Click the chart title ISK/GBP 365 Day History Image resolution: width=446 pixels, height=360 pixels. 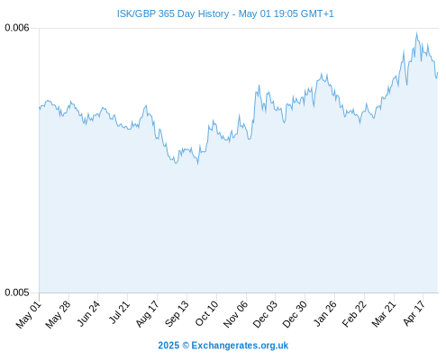click(x=173, y=13)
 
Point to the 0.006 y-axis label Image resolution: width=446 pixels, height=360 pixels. click(x=17, y=28)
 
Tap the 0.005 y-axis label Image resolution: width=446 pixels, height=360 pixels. click(x=17, y=292)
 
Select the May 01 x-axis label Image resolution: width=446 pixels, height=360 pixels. click(x=29, y=315)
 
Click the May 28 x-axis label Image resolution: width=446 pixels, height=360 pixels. click(x=58, y=315)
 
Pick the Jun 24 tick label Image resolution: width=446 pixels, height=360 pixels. click(x=88, y=314)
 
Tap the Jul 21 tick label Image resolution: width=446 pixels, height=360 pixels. click(x=119, y=313)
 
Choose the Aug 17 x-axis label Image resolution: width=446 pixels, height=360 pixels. click(x=147, y=314)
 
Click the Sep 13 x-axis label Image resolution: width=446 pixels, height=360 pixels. click(x=177, y=314)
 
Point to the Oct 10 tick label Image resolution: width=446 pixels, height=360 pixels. click(x=206, y=314)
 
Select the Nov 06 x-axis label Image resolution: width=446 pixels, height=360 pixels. click(x=235, y=314)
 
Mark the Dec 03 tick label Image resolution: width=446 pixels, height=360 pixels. click(x=265, y=314)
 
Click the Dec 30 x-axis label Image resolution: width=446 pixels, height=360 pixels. click(x=295, y=314)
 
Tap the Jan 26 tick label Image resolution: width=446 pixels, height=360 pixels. click(x=324, y=314)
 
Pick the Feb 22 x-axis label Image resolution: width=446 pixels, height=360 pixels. click(x=354, y=314)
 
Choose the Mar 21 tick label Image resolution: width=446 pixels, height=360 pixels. click(x=384, y=314)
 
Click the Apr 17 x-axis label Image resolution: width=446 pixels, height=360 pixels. click(x=414, y=313)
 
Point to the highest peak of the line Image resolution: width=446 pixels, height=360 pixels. click(x=416, y=32)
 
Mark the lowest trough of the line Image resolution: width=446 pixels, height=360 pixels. click(x=198, y=164)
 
